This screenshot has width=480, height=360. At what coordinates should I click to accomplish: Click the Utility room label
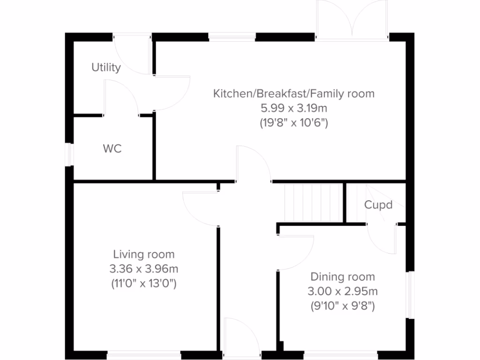[x=106, y=67]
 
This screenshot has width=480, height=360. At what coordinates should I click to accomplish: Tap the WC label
[x=112, y=149]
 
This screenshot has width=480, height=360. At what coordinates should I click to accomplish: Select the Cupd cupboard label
[x=378, y=205]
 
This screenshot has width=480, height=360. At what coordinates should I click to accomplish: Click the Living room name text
[x=143, y=255]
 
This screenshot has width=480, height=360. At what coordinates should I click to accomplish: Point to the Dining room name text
[x=343, y=277]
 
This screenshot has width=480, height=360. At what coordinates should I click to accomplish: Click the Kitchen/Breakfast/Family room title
[x=294, y=93]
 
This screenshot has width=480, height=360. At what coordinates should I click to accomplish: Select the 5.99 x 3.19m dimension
[x=294, y=108]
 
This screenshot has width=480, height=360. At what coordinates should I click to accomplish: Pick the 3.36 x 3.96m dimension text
[x=143, y=269]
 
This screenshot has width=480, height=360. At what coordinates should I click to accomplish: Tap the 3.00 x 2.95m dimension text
[x=343, y=291]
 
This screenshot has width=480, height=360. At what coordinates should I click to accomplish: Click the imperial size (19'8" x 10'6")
[x=294, y=123]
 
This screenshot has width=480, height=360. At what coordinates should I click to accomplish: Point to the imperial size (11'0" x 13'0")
[x=143, y=284]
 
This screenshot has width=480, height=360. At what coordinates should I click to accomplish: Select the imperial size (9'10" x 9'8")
[x=343, y=306]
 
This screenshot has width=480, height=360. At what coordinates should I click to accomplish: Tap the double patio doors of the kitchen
[x=352, y=21]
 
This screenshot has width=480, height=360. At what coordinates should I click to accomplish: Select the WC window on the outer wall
[x=70, y=154]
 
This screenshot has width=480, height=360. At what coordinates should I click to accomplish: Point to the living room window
[x=143, y=356]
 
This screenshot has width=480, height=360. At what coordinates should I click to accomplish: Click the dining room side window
[x=410, y=295]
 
